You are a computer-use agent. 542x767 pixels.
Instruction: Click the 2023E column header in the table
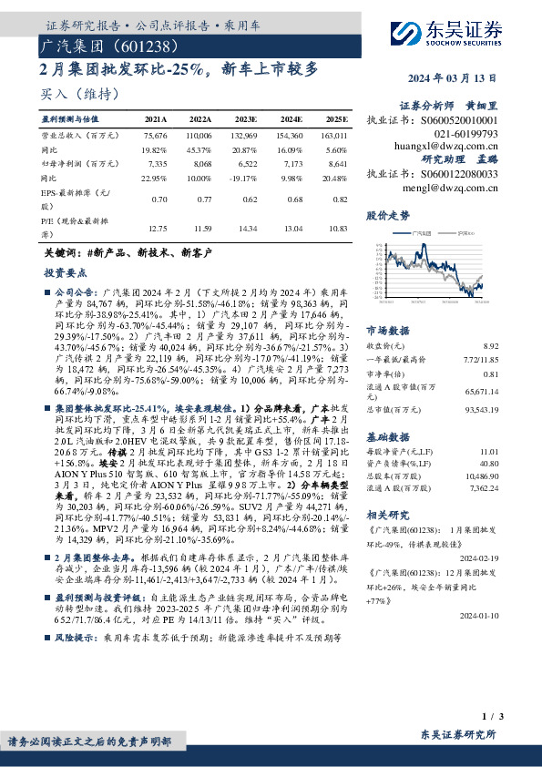[x=246, y=119]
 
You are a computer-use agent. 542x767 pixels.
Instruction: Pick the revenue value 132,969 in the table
[x=246, y=135]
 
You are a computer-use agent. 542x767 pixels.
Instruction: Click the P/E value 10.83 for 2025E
[x=336, y=229]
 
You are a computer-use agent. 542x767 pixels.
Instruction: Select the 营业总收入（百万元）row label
[x=80, y=135]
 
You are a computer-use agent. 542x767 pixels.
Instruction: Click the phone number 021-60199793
[x=463, y=133]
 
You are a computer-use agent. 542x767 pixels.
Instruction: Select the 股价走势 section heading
[x=388, y=215]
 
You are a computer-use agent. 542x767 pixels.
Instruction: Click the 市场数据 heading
[x=387, y=330]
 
